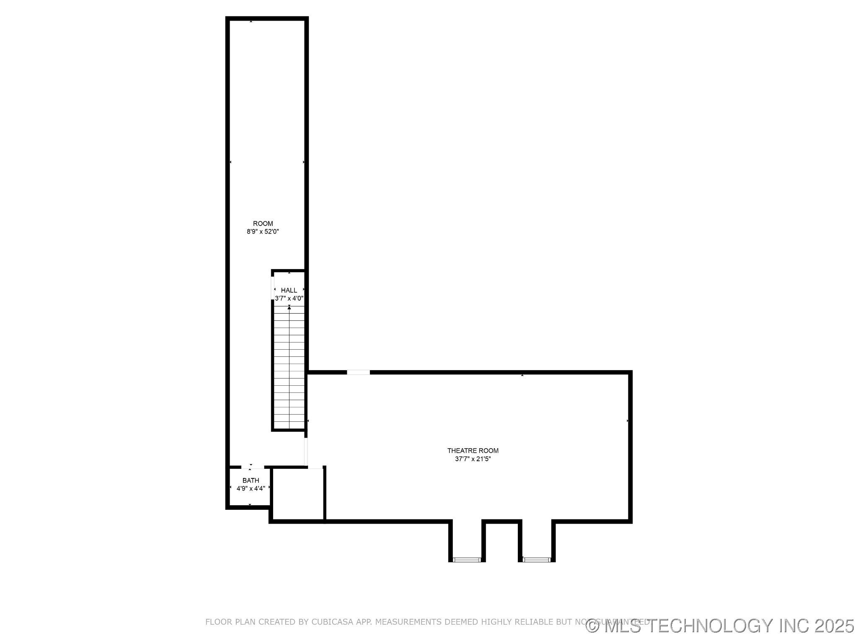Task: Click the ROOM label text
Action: pyautogui.click(x=263, y=223)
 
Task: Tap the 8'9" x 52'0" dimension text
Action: pyautogui.click(x=263, y=231)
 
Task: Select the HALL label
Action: pyautogui.click(x=289, y=290)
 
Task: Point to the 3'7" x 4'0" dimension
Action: pyautogui.click(x=289, y=299)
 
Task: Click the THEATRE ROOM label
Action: pyautogui.click(x=473, y=451)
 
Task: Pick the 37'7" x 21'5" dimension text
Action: pyautogui.click(x=473, y=459)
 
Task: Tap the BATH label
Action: pyautogui.click(x=251, y=480)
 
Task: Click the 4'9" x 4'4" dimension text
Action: pyautogui.click(x=251, y=488)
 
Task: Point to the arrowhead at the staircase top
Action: pyautogui.click(x=289, y=308)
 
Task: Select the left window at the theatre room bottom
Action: pyautogui.click(x=467, y=559)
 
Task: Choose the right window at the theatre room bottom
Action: pyautogui.click(x=537, y=559)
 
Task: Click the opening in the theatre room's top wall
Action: pyautogui.click(x=358, y=372)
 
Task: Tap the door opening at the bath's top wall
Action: pyautogui.click(x=253, y=467)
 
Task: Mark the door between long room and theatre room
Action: pyautogui.click(x=306, y=451)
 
